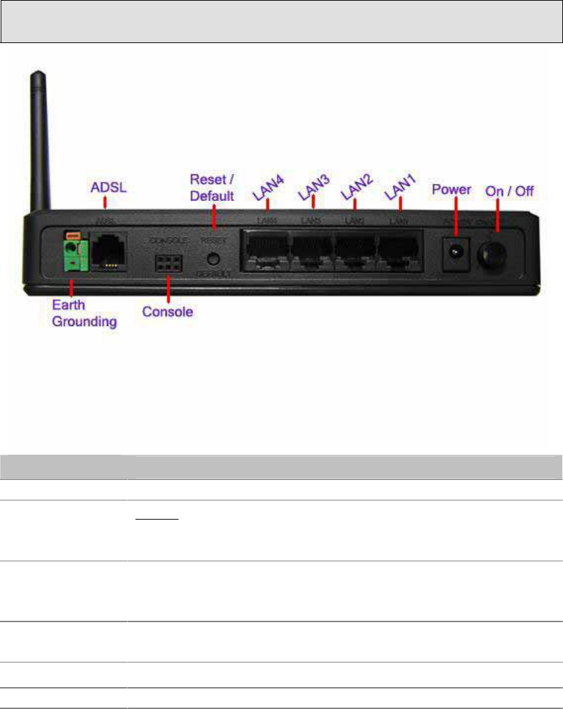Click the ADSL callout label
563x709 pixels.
(105, 186)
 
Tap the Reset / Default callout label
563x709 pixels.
(212, 187)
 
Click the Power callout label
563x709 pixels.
(451, 189)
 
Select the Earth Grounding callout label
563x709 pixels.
(84, 314)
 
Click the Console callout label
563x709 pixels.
(168, 312)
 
